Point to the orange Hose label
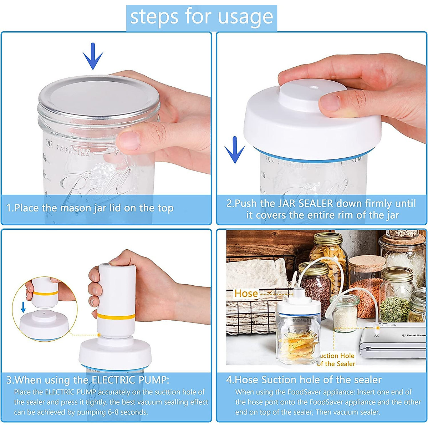246,293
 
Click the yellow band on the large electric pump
116,316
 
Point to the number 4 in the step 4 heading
229,379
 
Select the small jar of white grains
345,314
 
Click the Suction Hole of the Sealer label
336,360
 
